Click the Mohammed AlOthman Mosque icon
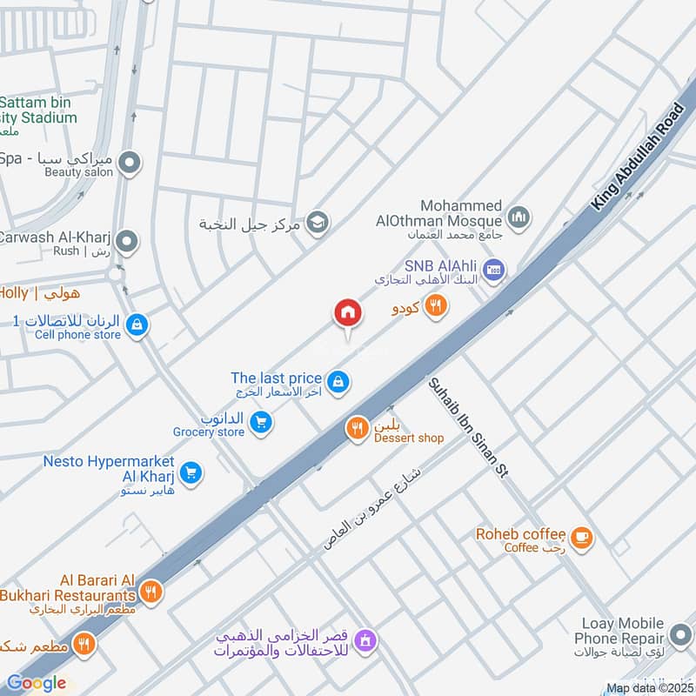pyautogui.click(x=519, y=217)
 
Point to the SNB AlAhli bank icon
pyautogui.click(x=493, y=269)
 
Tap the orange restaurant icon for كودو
pyautogui.click(x=436, y=305)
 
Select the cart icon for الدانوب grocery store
pyautogui.click(x=260, y=423)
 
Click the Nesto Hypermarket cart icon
pyautogui.click(x=192, y=472)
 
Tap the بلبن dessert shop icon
pyautogui.click(x=357, y=429)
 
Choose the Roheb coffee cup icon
pyautogui.click(x=583, y=539)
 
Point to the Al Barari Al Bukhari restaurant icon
pyautogui.click(x=151, y=592)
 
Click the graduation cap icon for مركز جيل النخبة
pyautogui.click(x=318, y=221)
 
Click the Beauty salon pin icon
pyautogui.click(x=130, y=162)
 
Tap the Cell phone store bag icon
pyautogui.click(x=137, y=325)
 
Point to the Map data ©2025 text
pyautogui.click(x=649, y=688)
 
